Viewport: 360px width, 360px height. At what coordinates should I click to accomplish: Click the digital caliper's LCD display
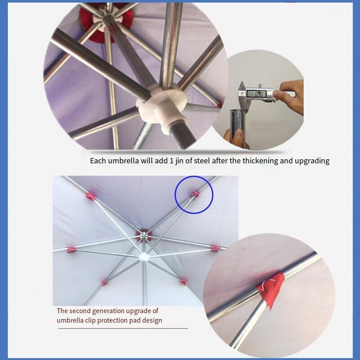click(256, 94)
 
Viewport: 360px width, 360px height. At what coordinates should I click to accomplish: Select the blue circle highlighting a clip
click(194, 195)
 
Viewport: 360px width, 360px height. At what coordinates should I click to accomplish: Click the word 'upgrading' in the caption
click(312, 161)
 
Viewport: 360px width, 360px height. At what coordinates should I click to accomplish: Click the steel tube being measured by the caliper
click(238, 126)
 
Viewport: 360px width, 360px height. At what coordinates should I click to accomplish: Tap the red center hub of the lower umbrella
click(144, 235)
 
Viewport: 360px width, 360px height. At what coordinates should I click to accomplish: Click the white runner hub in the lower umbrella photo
click(144, 256)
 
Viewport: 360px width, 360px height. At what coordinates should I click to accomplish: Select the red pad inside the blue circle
click(195, 194)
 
